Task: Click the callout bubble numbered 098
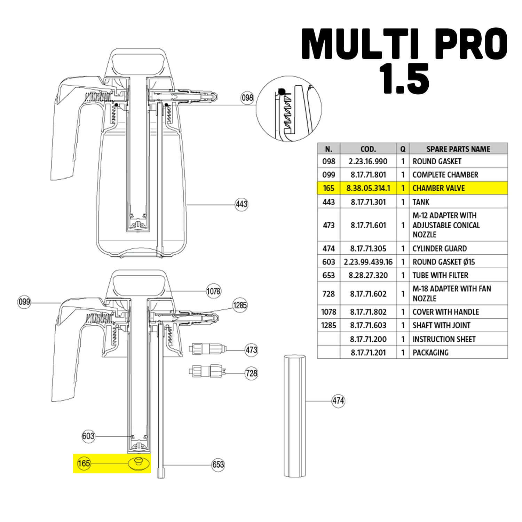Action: pos(247,98)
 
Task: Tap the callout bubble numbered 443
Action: pos(242,204)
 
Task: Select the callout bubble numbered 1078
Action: pos(213,291)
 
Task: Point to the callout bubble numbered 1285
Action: pos(240,305)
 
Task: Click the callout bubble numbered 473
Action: pos(251,349)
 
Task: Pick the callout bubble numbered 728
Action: pos(251,373)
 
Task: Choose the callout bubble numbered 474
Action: pos(338,401)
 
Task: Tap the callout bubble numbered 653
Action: pos(218,465)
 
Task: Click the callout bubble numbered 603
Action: pos(88,436)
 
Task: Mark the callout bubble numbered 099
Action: pos(24,302)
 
